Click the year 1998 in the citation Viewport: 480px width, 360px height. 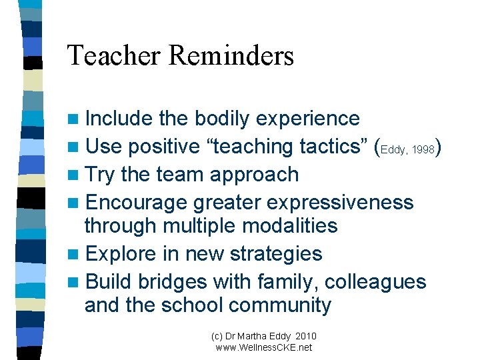coord(423,150)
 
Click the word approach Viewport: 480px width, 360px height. coord(255,175)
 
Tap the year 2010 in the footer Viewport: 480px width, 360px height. coord(305,336)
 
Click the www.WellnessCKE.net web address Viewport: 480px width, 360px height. coord(264,347)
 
